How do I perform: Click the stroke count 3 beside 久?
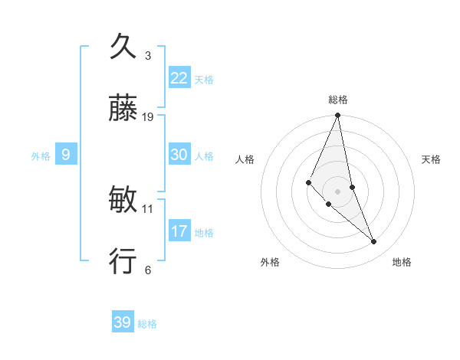148,55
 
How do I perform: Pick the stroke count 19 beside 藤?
149,117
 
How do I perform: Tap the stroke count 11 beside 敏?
149,208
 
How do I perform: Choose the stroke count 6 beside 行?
148,270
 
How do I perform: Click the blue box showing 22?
179,78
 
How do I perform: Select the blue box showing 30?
179,155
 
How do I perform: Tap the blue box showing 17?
179,231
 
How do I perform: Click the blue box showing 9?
66,155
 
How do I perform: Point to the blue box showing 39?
123,322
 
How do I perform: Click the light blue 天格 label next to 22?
204,80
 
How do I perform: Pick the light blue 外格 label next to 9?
41,156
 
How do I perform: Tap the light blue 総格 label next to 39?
147,324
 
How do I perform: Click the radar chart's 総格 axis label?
338,100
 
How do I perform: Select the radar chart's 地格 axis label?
402,262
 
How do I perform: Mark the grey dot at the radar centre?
337,191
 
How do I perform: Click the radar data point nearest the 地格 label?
374,242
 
